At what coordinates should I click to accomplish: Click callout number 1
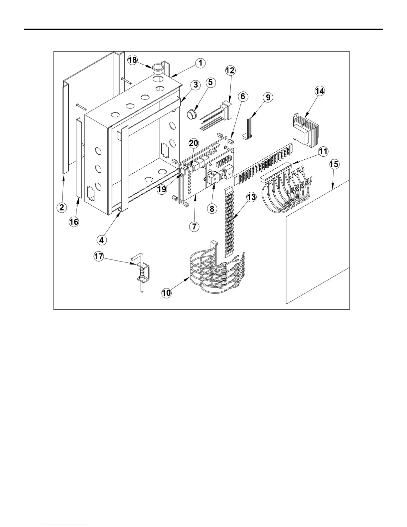pos(200,63)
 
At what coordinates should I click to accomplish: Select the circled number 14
pos(320,91)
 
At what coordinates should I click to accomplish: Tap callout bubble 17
pos(98,257)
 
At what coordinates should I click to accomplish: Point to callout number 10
pos(166,293)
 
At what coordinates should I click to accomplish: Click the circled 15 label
pos(334,164)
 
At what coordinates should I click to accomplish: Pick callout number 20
pos(194,143)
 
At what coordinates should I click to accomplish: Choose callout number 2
pos(61,207)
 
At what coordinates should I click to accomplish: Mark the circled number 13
pos(251,197)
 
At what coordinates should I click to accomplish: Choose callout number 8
pos(212,209)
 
